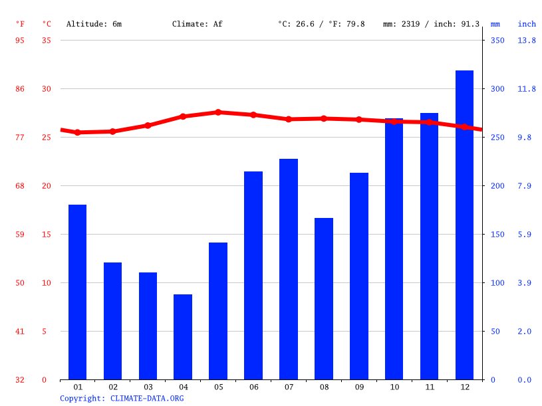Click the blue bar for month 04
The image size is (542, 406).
pos(183,337)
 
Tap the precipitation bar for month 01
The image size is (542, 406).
pos(77,292)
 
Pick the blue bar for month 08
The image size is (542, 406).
pos(324,298)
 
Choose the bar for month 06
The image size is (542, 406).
pos(253,275)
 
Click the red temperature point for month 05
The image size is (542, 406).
pos(218,112)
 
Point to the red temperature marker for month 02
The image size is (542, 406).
pos(112,132)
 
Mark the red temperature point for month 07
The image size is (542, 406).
pos(289,119)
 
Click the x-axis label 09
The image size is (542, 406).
pos(359,387)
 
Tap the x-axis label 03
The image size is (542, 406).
pos(148,387)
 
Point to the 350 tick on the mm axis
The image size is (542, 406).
pos(497,41)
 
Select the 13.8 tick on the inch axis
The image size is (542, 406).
pos(527,41)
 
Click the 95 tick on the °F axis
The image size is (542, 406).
pos(20,41)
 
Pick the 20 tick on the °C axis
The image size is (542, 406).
pos(46,186)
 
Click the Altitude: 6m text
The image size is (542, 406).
pos(94,24)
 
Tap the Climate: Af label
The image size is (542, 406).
pos(197,24)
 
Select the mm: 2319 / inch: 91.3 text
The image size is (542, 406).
pos(431,24)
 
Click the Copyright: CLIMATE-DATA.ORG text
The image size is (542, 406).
pos(122,398)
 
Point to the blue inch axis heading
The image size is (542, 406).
pos(527,24)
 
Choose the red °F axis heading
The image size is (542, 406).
pos(20,24)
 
